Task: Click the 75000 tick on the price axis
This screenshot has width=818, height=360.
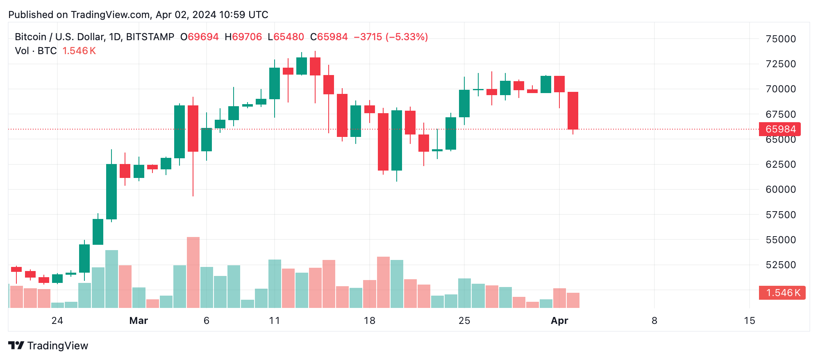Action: (x=780, y=39)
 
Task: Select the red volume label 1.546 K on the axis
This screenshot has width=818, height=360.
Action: (x=782, y=293)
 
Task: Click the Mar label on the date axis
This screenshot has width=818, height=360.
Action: (x=139, y=321)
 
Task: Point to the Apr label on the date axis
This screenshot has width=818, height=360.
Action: (x=559, y=321)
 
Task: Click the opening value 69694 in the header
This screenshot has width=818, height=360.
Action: (x=203, y=37)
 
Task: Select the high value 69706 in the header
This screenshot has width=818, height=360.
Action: (x=247, y=37)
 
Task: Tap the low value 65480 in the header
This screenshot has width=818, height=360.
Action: (x=289, y=37)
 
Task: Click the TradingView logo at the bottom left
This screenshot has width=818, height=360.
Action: (x=48, y=346)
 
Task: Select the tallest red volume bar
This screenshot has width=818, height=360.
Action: (x=193, y=272)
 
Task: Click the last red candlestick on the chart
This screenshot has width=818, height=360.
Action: (x=573, y=111)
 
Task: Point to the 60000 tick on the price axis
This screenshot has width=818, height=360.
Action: (x=780, y=189)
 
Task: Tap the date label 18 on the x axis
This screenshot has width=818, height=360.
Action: (x=369, y=321)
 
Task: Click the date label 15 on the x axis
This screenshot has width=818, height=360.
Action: (x=749, y=321)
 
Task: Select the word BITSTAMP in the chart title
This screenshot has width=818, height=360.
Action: (x=150, y=37)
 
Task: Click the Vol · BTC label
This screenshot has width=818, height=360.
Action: (x=36, y=51)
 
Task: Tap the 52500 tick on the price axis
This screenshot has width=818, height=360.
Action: (x=780, y=265)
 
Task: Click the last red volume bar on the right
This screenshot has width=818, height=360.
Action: (x=573, y=300)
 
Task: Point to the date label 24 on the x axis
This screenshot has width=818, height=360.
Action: (x=57, y=321)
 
